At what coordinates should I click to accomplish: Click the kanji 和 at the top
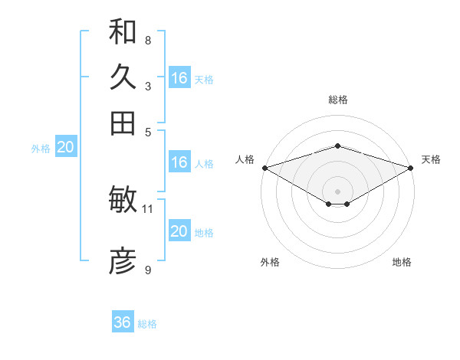123,31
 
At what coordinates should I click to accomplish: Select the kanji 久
123,77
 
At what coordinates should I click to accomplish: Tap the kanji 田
123,123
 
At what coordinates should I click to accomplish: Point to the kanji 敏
123,200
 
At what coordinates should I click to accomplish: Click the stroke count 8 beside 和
147,40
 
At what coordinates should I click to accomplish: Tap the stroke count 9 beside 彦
147,270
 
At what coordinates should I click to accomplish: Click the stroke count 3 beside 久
147,86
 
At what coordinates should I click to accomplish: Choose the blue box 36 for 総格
123,322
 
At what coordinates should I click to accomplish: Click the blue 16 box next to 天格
179,78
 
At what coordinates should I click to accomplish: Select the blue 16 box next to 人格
179,162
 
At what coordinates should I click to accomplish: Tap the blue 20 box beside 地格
179,231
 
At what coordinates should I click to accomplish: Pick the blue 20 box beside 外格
65,148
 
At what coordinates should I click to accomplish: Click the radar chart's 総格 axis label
337,100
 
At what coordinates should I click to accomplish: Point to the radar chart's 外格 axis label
270,262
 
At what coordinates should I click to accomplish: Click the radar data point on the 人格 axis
264,167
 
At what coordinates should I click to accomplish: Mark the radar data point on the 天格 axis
411,167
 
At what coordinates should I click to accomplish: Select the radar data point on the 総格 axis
337,146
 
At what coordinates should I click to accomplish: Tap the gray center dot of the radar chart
337,191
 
